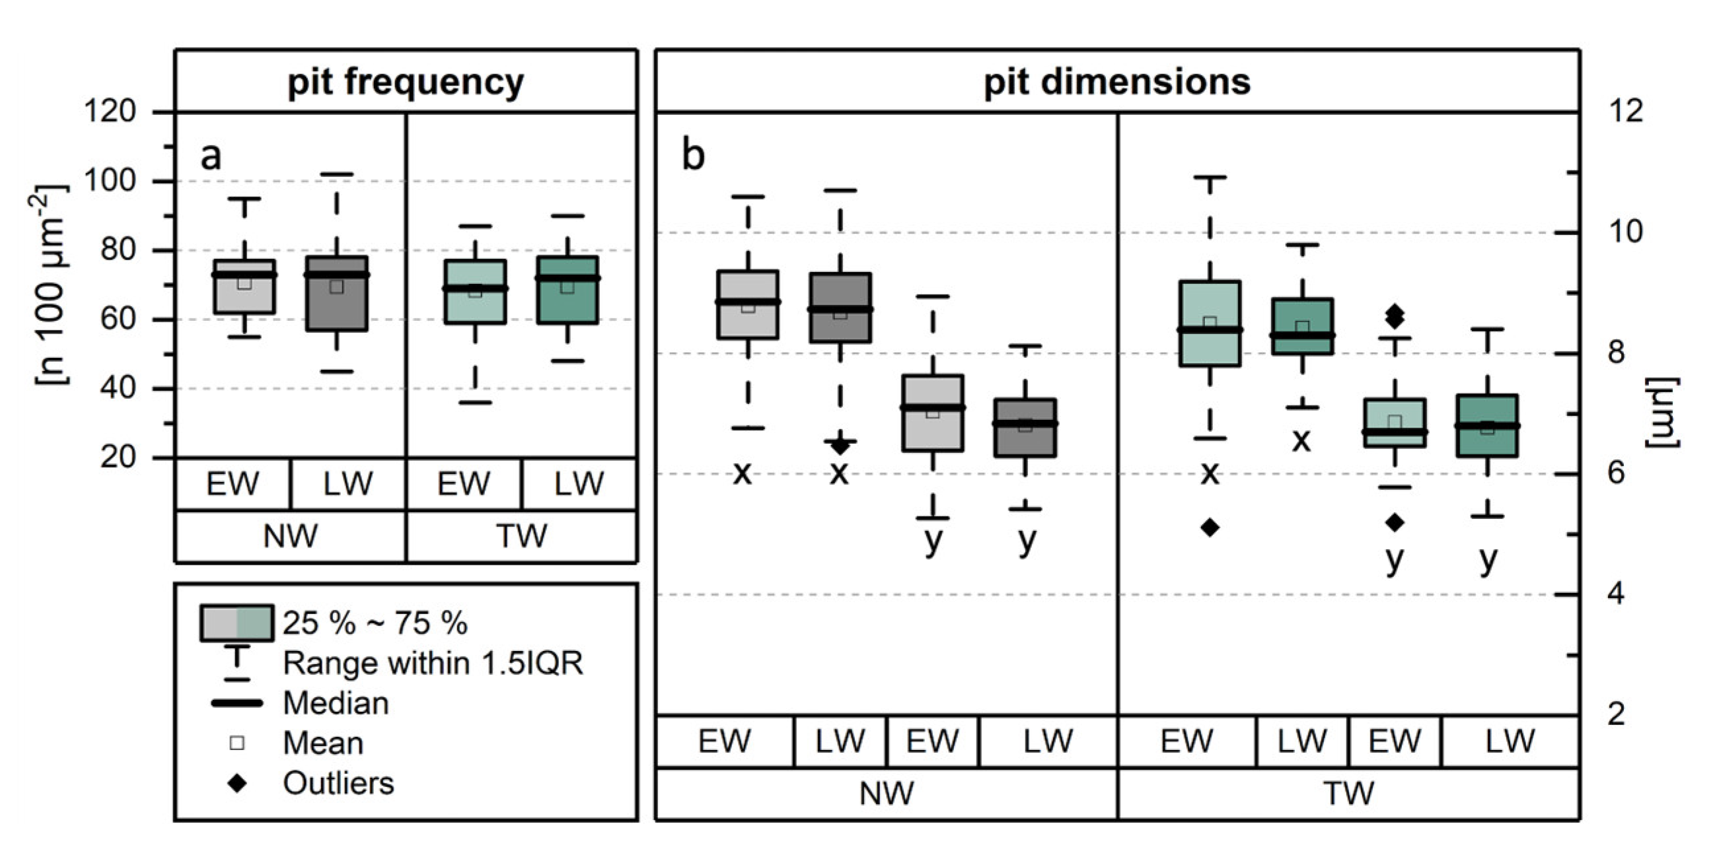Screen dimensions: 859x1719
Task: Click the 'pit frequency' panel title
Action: point(406,83)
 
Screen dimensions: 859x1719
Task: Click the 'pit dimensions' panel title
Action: point(1116,83)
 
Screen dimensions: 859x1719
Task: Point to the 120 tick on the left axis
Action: point(110,111)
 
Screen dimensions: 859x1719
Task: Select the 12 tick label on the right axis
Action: point(1626,111)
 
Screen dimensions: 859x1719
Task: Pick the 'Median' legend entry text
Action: point(336,703)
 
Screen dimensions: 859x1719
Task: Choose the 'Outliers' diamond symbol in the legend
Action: point(237,783)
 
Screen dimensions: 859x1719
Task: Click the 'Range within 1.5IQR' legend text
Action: point(433,663)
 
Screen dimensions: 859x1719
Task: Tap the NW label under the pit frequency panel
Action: point(290,536)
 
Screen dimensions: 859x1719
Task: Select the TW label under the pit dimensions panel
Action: point(1348,794)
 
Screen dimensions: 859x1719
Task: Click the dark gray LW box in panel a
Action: point(337,294)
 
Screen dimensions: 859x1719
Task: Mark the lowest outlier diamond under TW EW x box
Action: point(1210,528)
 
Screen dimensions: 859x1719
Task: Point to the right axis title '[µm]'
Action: point(1663,413)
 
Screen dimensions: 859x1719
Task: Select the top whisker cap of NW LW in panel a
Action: point(337,175)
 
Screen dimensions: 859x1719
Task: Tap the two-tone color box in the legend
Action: point(237,623)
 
